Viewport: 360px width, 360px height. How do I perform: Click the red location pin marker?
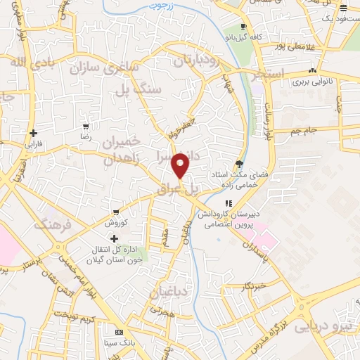(181, 165)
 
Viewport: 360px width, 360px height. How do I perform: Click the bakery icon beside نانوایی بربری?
(311, 71)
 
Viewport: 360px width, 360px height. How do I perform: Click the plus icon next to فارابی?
(34, 133)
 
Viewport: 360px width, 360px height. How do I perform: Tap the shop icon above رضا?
(86, 127)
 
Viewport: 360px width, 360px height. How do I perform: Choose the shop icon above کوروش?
(115, 212)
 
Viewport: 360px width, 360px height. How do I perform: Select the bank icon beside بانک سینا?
(119, 331)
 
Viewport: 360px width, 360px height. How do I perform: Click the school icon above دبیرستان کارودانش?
(227, 203)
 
